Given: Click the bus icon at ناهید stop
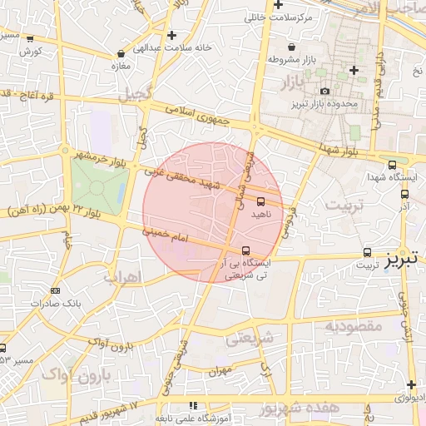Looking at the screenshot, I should click(x=260, y=201).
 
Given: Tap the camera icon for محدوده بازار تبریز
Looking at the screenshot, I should click(x=324, y=92).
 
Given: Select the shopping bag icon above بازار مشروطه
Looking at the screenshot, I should click(x=291, y=47).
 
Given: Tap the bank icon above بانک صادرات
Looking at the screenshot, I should click(x=55, y=290).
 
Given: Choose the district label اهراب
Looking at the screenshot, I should click(x=122, y=277).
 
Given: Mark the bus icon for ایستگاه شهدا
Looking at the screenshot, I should click(x=392, y=165).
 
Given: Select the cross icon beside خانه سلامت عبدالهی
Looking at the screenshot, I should click(x=171, y=35).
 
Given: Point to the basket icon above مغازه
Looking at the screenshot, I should click(x=121, y=53).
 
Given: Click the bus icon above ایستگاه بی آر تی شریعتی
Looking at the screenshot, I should click(x=245, y=250).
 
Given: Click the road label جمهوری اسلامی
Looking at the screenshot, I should click(x=196, y=116).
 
